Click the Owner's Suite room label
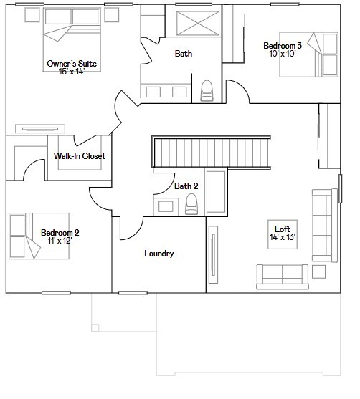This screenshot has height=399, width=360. (x=72, y=64)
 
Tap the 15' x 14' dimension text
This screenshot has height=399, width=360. (x=72, y=72)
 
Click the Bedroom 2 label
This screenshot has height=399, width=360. (x=60, y=232)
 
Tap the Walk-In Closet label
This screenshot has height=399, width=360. (x=80, y=156)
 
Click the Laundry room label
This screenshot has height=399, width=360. (x=159, y=254)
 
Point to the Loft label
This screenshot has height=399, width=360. (x=283, y=229)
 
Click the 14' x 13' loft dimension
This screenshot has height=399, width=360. (x=283, y=237)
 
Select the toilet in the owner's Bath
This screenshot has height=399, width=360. (x=207, y=90)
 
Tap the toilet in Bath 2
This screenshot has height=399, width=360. (x=191, y=205)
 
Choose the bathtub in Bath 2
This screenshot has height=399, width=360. (x=216, y=192)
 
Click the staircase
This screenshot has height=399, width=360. (x=212, y=151)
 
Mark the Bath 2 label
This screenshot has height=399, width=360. (x=186, y=186)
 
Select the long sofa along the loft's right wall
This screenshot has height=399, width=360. (x=325, y=226)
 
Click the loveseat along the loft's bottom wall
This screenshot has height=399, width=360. (x=283, y=276)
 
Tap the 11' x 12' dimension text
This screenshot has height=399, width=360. (x=60, y=241)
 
